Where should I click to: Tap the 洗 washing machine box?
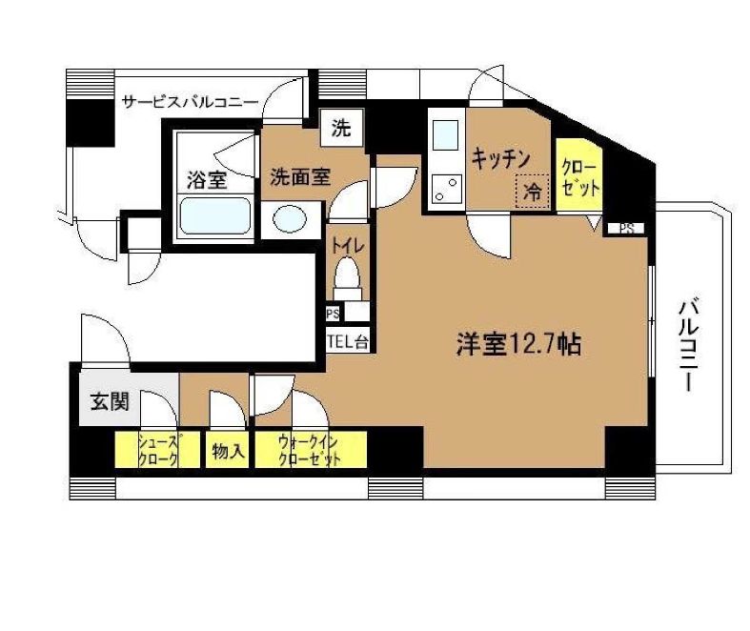(x=339, y=129)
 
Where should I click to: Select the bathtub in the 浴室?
(x=215, y=216)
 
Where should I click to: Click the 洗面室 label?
(x=298, y=175)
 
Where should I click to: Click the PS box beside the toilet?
(x=333, y=312)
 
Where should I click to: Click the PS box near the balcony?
(x=626, y=228)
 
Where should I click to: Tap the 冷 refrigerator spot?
(x=534, y=189)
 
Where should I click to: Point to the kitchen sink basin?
(x=445, y=136)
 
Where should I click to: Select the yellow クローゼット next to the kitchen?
(x=579, y=175)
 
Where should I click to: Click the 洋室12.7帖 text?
(x=517, y=344)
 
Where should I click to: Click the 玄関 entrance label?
(x=110, y=401)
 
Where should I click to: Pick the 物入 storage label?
(x=228, y=451)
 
